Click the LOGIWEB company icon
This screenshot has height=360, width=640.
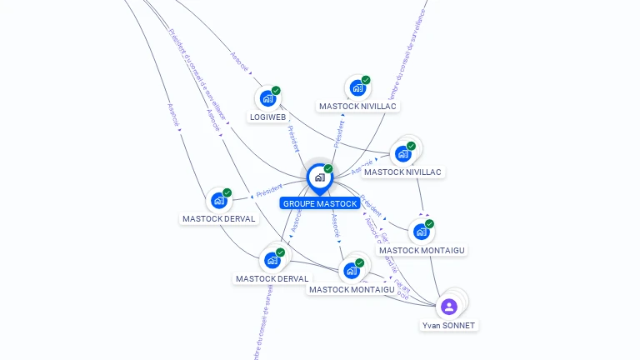(267, 98)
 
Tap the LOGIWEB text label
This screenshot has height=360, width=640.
(268, 117)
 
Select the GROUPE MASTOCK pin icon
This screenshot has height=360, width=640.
(319, 177)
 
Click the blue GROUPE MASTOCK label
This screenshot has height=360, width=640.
(320, 203)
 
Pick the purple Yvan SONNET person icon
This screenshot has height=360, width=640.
(449, 307)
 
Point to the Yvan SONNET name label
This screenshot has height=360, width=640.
(449, 325)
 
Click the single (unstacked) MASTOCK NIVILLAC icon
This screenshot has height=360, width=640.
(357, 87)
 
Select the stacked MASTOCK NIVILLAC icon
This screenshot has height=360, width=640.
(404, 153)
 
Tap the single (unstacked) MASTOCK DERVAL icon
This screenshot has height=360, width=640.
(219, 200)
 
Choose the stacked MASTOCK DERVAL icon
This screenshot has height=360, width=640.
(272, 260)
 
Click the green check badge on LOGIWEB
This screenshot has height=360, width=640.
(276, 91)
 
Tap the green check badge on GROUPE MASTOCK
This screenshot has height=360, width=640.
(328, 169)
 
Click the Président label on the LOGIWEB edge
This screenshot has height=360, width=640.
(293, 138)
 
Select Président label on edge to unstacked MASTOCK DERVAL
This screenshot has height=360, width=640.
(270, 190)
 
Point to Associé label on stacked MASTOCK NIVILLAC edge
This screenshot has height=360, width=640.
(362, 169)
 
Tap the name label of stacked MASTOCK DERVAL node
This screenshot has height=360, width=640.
(272, 279)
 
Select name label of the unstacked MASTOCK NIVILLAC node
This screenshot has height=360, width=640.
(358, 107)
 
